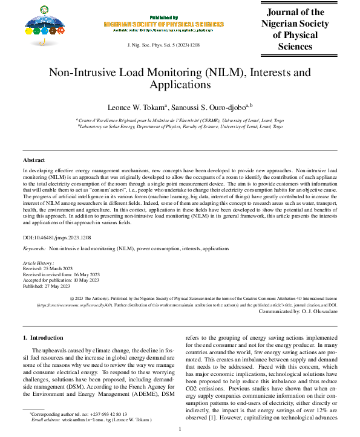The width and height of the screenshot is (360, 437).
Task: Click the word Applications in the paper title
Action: [x=180, y=85]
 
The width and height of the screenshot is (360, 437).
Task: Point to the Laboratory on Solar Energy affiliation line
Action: [x=180, y=127]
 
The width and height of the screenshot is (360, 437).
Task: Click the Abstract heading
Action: [x=34, y=160]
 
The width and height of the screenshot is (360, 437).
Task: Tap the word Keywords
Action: [x=34, y=248]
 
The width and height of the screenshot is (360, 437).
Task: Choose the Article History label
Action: [x=38, y=264]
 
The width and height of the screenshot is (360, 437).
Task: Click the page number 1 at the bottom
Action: [x=180, y=429]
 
